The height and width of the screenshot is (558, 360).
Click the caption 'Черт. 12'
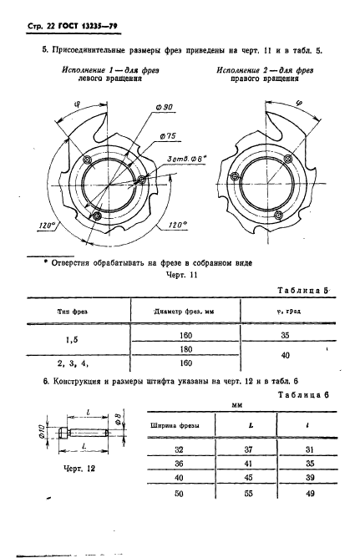pos(77,469)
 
